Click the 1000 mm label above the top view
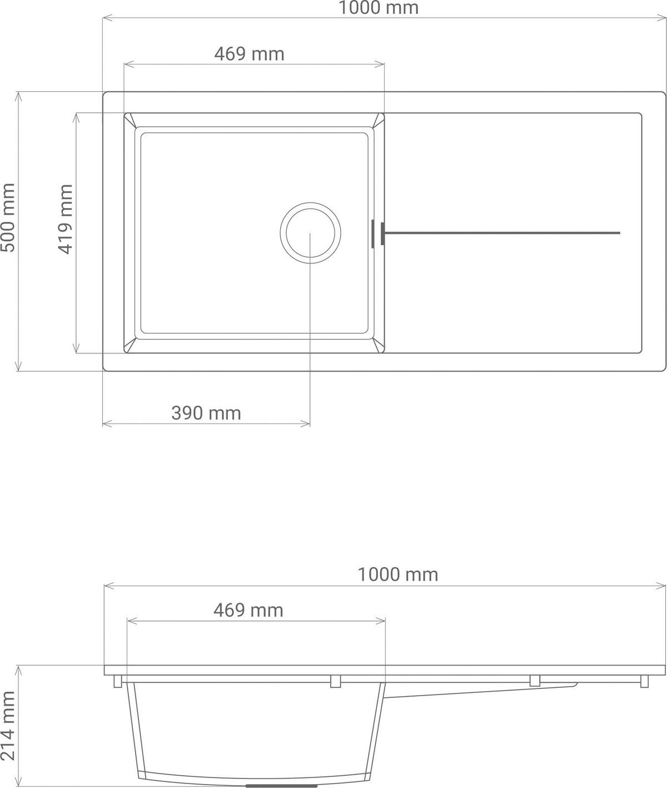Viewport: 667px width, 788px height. coord(379,8)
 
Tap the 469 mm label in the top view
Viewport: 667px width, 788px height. coord(249,54)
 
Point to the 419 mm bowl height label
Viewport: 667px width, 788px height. coord(66,219)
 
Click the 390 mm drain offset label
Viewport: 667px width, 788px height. coord(206,413)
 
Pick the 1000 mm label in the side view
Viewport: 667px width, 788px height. coord(397,574)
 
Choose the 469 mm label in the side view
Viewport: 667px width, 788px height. coord(248,610)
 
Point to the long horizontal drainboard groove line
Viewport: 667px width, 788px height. coord(500,233)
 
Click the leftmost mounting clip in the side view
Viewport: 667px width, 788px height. coord(118,681)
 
